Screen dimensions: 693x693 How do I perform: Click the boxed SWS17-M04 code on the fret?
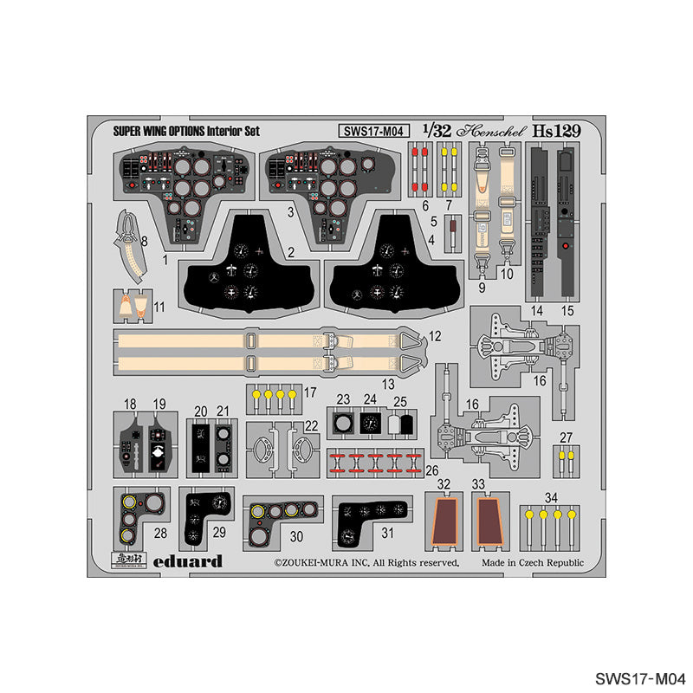click(373, 132)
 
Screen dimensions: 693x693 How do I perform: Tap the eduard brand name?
click(190, 561)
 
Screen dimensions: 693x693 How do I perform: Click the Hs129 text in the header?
click(555, 131)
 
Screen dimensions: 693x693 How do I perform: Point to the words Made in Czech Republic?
click(534, 563)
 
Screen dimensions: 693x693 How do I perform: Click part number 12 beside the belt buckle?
click(434, 335)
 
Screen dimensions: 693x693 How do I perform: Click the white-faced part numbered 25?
click(399, 424)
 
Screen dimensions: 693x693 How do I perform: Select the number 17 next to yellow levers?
click(309, 392)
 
